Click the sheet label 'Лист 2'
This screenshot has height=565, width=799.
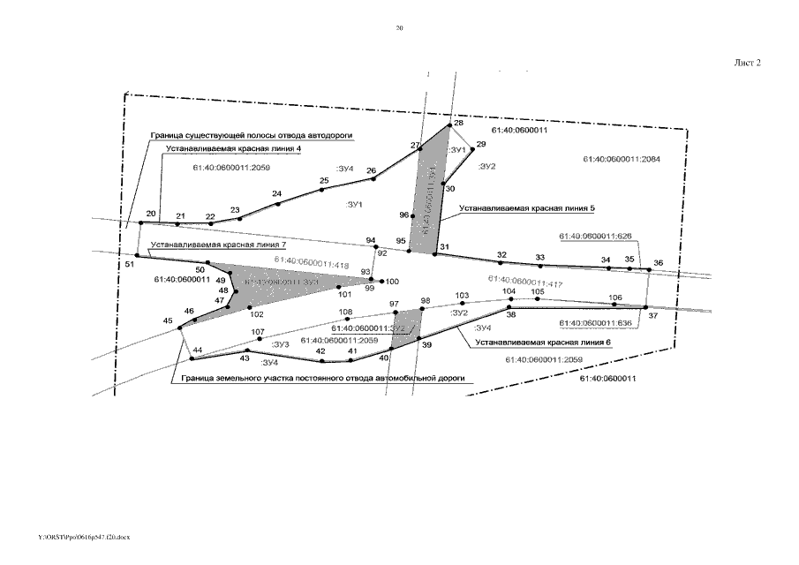pos(747,63)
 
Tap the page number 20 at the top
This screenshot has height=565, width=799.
pos(399,28)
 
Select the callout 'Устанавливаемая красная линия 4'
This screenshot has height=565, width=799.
pos(234,150)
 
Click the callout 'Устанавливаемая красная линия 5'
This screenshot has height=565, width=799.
pos(527,208)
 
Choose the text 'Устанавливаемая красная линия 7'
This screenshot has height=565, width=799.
pos(218,244)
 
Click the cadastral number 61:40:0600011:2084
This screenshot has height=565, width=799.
pos(616,159)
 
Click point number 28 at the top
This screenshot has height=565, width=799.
pos(458,123)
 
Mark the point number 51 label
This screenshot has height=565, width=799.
pos(130,263)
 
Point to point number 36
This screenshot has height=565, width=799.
pos(657,262)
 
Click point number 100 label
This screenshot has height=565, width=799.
pos(392,282)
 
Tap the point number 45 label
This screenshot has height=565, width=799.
pos(168,321)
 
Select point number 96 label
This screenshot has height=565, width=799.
pos(403,215)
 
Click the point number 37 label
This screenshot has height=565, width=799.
pos(652,315)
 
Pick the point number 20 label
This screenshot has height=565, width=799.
pos(151,214)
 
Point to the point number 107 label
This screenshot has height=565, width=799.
pos(258,333)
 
